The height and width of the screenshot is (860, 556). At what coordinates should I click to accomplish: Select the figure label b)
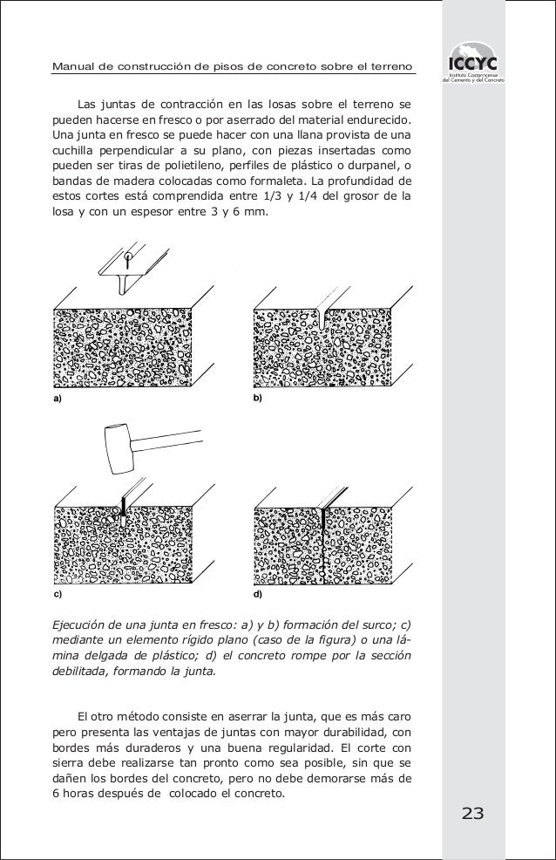pyautogui.click(x=258, y=398)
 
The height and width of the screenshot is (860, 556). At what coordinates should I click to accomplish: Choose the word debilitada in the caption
pyautogui.click(x=85, y=672)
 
